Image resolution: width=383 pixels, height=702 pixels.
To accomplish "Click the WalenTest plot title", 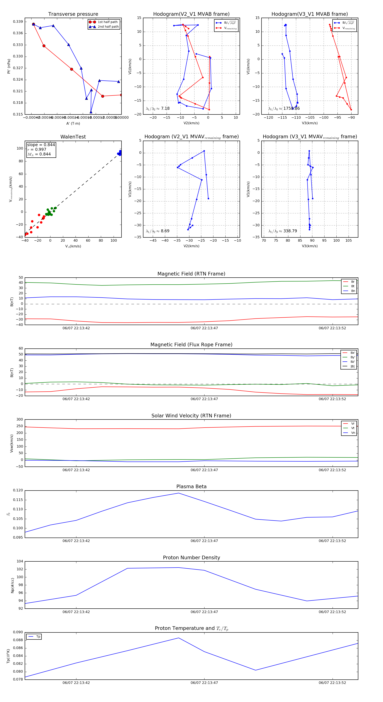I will click(x=73, y=137).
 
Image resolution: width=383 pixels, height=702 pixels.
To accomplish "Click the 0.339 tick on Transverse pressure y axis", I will click(x=18, y=21).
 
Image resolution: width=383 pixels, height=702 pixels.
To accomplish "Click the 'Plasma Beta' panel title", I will click(x=191, y=487).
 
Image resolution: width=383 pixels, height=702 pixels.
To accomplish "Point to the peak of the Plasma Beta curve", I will click(x=179, y=493).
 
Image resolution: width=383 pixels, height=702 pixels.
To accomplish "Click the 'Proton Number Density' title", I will click(x=191, y=558).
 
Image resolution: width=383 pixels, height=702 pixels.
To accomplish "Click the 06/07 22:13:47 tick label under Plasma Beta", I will click(x=204, y=541).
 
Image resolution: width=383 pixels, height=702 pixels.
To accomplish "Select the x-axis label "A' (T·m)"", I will click(x=73, y=123).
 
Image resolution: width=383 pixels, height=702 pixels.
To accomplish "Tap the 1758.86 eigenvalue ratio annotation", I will click(x=292, y=108).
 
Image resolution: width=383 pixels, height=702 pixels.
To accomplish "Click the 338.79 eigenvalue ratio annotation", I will click(x=290, y=231).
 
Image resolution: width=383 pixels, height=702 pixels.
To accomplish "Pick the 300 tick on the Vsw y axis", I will click(x=20, y=419).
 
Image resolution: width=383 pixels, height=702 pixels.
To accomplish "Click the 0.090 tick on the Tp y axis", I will click(x=18, y=632).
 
